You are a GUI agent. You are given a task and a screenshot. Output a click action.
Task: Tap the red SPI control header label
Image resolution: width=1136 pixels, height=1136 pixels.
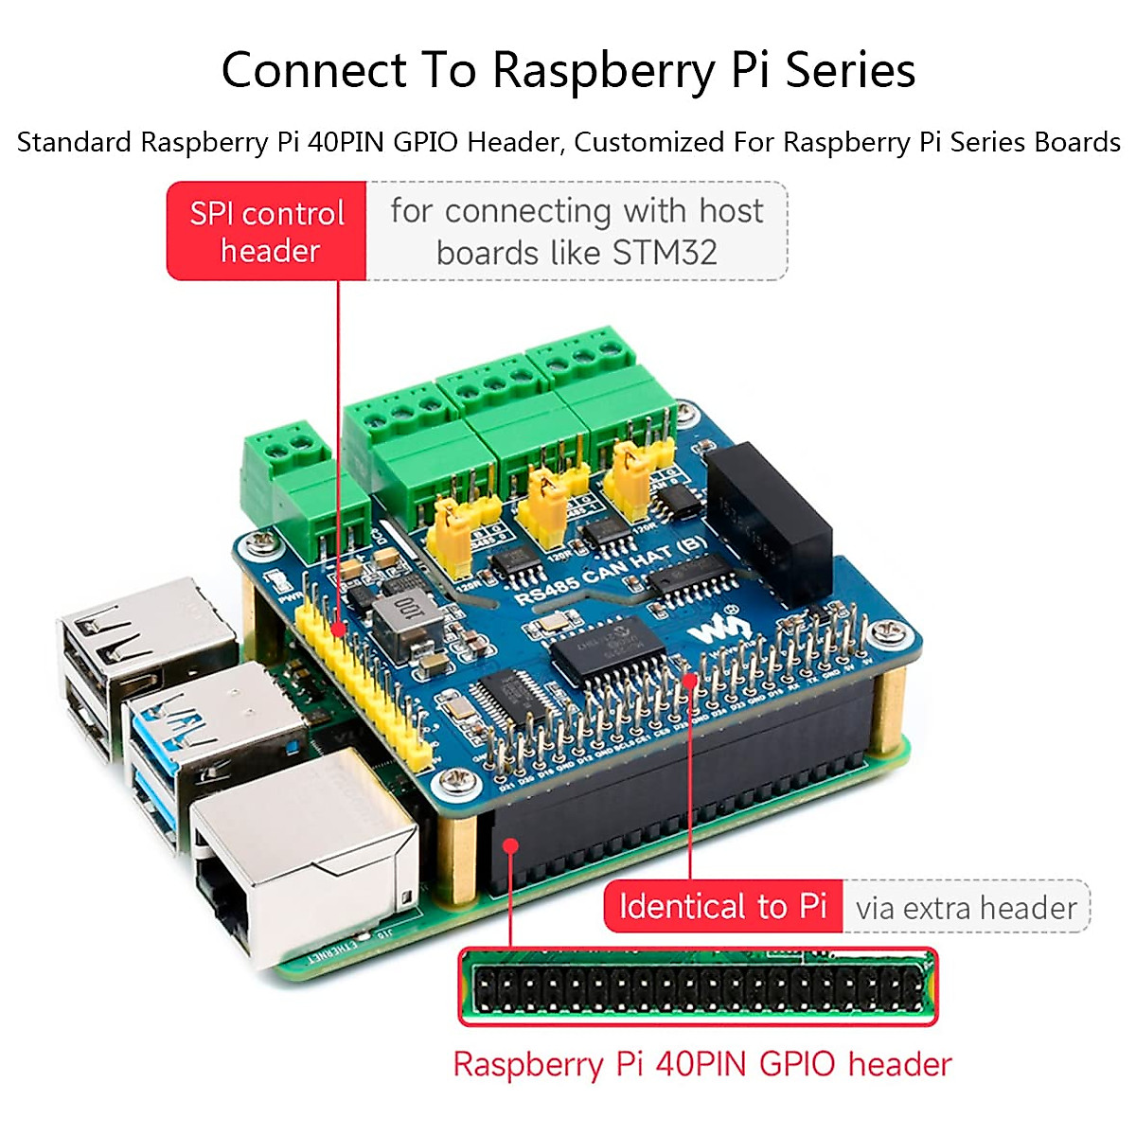[267, 231]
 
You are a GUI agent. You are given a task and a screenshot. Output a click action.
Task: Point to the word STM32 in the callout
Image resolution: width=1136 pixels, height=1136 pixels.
[665, 253]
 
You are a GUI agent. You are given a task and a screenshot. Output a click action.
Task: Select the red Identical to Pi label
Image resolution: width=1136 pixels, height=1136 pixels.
[723, 906]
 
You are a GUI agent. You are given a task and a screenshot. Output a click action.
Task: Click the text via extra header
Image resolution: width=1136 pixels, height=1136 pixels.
[966, 908]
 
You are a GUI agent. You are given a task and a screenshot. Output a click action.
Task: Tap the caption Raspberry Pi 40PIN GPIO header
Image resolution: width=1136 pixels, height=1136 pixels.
[701, 1064]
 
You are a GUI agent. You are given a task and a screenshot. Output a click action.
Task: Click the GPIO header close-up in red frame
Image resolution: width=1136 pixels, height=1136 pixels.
[698, 987]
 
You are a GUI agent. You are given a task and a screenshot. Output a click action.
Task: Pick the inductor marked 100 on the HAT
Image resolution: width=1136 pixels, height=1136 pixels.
[405, 616]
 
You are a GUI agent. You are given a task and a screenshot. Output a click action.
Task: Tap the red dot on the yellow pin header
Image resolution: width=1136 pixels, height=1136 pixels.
[338, 629]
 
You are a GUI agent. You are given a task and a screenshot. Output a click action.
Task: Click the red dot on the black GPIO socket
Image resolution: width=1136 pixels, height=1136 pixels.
[511, 844]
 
